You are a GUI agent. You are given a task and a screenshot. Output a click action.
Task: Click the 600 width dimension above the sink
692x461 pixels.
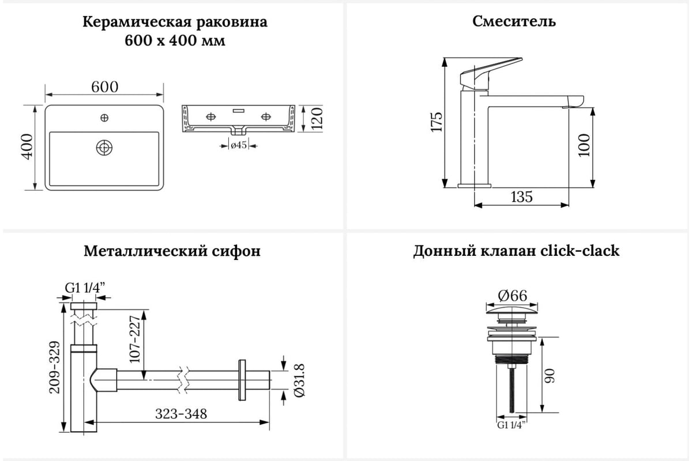[x=104, y=87]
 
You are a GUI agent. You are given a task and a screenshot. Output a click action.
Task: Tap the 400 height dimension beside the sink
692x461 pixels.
[x=27, y=147]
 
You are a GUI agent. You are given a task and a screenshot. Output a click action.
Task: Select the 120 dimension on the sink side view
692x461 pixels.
[x=317, y=118]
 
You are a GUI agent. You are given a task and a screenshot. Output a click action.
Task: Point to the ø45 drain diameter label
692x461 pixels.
[x=239, y=145]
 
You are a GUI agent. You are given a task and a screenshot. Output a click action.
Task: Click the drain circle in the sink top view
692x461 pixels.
[x=104, y=148]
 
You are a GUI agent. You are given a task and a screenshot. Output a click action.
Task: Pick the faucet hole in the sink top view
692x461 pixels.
[x=104, y=118]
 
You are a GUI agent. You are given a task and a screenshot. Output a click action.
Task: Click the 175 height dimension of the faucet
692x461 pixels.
[x=437, y=122]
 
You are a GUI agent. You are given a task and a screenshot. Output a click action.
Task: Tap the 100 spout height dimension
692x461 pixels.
[x=584, y=145]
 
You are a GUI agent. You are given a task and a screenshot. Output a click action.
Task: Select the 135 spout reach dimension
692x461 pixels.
[x=521, y=197]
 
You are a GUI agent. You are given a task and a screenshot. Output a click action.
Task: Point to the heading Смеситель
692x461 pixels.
[x=514, y=22]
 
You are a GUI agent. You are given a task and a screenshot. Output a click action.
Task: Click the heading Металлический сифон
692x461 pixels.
[x=172, y=251]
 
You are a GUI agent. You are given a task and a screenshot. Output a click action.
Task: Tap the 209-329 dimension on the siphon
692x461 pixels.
[x=55, y=368]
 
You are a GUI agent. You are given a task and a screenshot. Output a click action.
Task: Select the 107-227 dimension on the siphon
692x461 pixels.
[x=135, y=339]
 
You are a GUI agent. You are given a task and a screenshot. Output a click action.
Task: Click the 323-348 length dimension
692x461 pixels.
[x=181, y=414]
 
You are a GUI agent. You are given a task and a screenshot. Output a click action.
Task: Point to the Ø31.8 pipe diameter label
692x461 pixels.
[x=299, y=380]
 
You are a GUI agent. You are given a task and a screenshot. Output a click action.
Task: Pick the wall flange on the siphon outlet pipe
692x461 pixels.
[x=242, y=380]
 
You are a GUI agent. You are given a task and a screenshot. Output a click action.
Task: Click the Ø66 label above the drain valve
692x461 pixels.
[x=513, y=296]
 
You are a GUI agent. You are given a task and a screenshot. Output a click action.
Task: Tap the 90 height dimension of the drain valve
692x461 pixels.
[x=550, y=376]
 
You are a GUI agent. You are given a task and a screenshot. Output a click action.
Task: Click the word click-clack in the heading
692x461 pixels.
[x=580, y=251]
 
